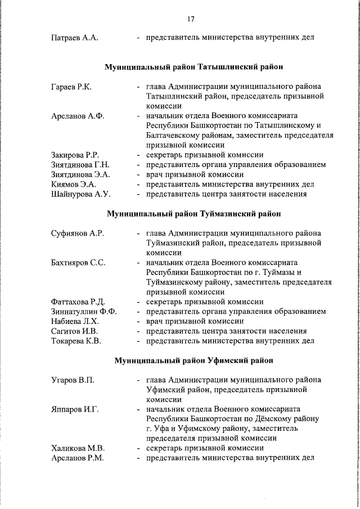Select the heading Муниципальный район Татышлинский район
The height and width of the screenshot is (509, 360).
point(194,67)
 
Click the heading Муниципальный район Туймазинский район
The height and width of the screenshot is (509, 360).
point(194,214)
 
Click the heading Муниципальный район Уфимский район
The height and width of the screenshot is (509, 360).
point(194,360)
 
